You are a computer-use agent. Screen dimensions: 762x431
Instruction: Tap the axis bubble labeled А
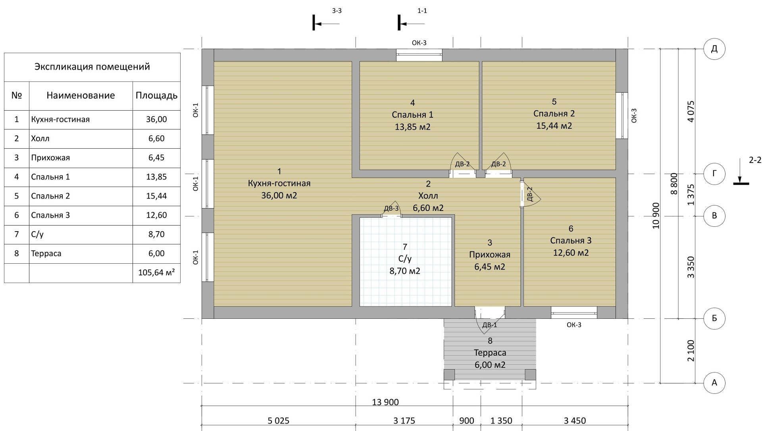pos(714,383)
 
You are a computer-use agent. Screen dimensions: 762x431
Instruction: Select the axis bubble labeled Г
pos(714,174)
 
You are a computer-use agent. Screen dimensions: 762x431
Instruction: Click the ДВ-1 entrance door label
pos(489,325)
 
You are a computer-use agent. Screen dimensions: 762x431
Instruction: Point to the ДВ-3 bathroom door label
pos(391,209)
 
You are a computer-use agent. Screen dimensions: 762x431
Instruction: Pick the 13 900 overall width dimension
pos(385,402)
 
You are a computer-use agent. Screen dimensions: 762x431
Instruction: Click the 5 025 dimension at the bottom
pos(279,421)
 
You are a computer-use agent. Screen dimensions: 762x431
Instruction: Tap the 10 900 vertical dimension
pos(656,216)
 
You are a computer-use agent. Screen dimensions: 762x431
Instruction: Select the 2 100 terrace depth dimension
pos(691,351)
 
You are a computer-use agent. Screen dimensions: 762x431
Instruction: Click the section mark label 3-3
pos(337,11)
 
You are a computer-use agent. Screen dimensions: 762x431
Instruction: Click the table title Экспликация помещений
pos(92,67)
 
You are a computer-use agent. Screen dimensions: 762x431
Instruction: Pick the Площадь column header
pos(156,96)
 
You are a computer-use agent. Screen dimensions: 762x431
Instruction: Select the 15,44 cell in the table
pos(156,196)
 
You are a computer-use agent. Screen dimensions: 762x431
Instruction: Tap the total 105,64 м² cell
pos(156,272)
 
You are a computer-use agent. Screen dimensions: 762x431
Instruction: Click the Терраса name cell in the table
pos(46,253)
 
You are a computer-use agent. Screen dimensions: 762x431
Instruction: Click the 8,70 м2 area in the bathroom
pos(405,271)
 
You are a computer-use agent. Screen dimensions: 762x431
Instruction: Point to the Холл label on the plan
pos(428,196)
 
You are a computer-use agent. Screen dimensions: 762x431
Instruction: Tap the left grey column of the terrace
pos(449,375)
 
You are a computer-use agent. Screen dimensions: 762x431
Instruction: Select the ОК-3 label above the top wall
pos(419,43)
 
